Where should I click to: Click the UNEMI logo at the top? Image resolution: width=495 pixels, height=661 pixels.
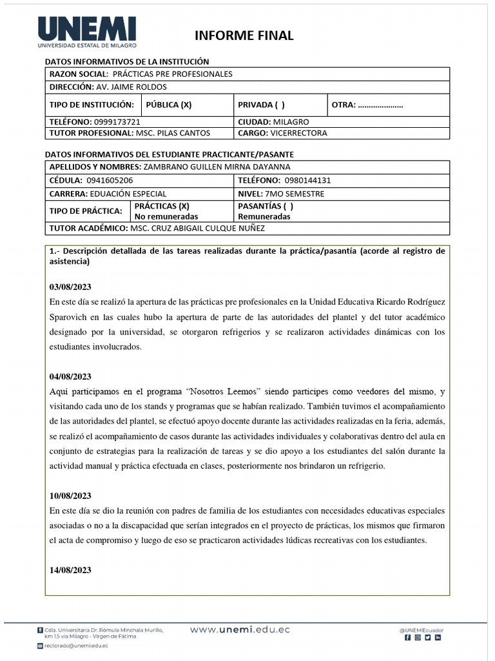tap(88, 33)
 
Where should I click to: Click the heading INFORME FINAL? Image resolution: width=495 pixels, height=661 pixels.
tap(244, 36)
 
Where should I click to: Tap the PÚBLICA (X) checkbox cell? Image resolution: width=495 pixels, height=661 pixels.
tap(169, 105)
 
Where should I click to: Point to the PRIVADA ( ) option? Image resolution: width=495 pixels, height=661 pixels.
tap(261, 105)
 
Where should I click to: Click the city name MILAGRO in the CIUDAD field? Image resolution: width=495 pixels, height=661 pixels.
tap(291, 122)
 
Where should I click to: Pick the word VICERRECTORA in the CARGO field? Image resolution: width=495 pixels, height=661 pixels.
tap(300, 133)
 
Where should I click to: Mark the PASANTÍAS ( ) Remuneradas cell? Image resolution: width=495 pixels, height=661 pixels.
tap(265, 211)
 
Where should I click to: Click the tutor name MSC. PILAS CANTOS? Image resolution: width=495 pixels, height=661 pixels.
tap(173, 133)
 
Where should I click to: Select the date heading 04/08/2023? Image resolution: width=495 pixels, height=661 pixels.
tap(70, 376)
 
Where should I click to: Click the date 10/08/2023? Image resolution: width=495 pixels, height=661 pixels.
tap(70, 496)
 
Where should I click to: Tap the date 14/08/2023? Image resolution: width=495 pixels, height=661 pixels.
tap(70, 570)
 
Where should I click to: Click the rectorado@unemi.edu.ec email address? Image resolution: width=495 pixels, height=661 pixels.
tap(75, 645)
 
